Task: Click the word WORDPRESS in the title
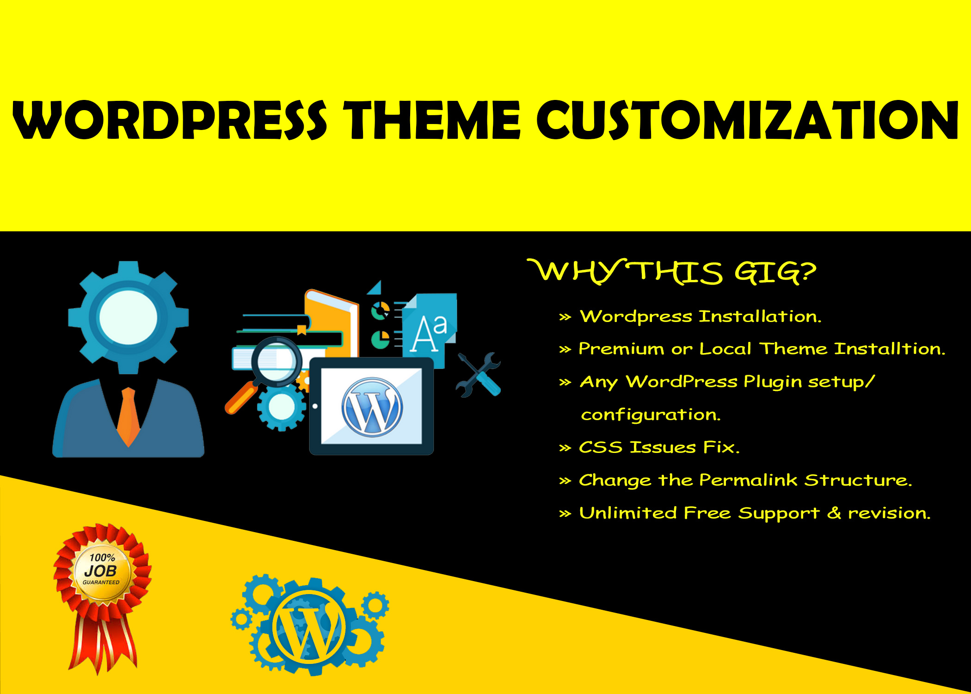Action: (170, 120)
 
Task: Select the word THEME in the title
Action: (432, 120)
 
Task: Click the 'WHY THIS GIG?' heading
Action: (672, 272)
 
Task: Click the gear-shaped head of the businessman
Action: (128, 317)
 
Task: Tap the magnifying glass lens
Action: (277, 361)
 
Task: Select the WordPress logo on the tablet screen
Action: (372, 407)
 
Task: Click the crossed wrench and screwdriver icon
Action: (479, 375)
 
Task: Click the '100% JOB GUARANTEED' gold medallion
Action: (102, 570)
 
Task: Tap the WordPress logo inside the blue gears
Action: (309, 627)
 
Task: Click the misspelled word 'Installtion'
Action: (890, 349)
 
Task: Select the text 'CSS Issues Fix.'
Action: (659, 447)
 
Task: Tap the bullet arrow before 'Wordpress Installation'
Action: (565, 317)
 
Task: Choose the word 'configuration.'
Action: (651, 415)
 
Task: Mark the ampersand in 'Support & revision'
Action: (834, 513)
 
